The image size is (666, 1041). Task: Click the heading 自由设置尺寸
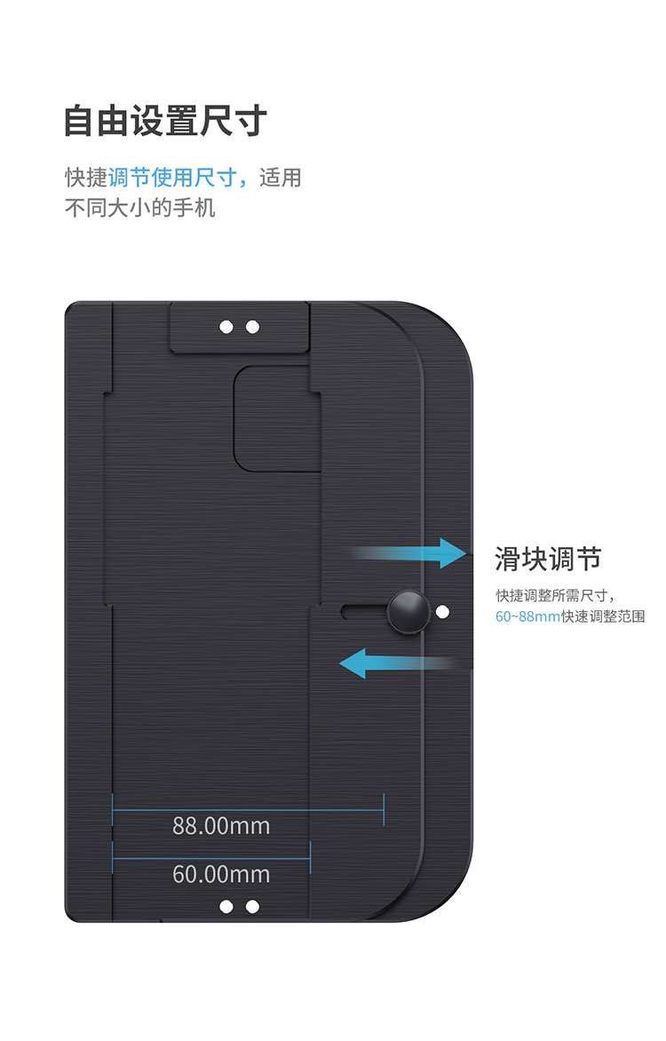(165, 122)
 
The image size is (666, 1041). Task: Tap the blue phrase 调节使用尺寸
(172, 178)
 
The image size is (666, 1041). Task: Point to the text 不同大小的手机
(140, 208)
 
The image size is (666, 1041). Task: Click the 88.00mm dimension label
(221, 826)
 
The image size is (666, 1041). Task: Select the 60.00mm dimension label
(221, 874)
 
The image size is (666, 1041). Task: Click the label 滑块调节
(548, 559)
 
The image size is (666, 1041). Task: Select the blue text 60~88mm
(527, 616)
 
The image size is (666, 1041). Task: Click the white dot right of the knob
(443, 611)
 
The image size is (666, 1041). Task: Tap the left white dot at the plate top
(226, 327)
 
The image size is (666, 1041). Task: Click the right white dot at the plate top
(252, 327)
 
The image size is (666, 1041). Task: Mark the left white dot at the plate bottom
(226, 906)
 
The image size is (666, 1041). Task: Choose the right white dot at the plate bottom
(252, 906)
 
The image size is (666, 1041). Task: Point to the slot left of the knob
(364, 611)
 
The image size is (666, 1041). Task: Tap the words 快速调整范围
(603, 616)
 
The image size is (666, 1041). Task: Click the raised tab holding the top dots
(240, 327)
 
